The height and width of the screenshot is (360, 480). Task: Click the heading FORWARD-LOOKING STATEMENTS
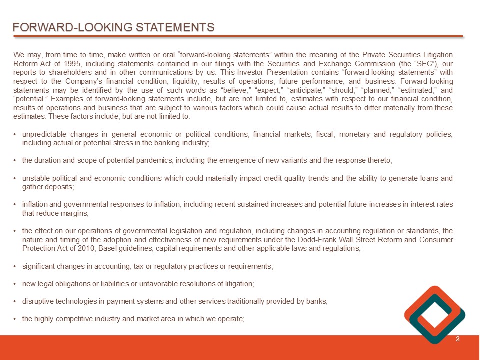pos(114,27)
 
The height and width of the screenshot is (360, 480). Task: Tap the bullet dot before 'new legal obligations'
pos(16,284)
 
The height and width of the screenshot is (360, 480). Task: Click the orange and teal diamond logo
pos(434,314)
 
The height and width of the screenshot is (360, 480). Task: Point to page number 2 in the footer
pos(458,340)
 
